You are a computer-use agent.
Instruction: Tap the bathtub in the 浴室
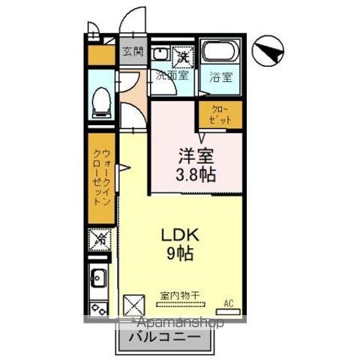[x=218, y=55]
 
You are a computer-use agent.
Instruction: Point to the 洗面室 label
[x=172, y=75]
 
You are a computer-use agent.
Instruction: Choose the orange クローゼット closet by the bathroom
[x=220, y=115]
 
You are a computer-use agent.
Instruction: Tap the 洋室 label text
[x=196, y=157]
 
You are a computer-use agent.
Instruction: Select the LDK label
[x=178, y=235]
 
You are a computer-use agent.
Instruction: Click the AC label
[x=229, y=304]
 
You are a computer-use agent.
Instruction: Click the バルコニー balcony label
[x=159, y=339]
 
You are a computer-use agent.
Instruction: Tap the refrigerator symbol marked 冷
[x=99, y=240]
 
